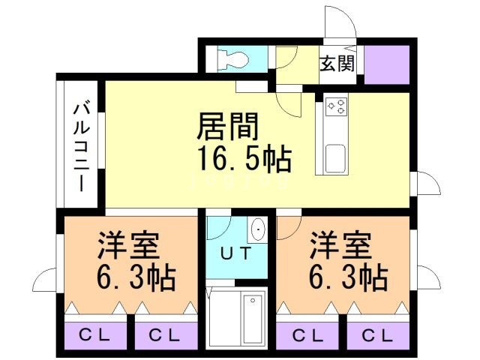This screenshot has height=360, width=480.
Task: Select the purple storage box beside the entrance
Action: click(386, 64)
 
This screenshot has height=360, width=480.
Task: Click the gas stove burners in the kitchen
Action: click(335, 106)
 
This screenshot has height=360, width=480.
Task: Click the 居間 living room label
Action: click(228, 127)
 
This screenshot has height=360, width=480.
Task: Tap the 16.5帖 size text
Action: click(244, 159)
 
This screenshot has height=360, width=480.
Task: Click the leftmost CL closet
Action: click(95, 334)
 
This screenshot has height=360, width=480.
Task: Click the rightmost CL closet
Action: click(377, 334)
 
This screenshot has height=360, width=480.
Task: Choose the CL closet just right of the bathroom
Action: click(307, 334)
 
